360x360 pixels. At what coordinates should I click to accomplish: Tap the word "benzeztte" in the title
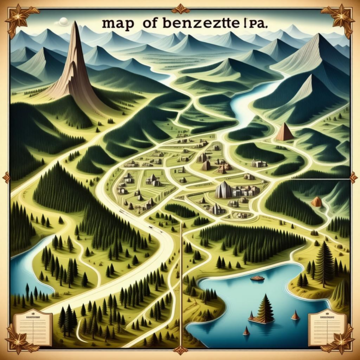(x=193, y=25)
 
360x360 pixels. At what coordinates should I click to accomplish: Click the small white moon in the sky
(x=63, y=21)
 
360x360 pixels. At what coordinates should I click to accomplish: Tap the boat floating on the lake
(x=257, y=278)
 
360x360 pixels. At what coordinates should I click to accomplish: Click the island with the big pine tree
(x=265, y=311)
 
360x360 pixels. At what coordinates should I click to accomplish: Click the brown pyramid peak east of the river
(x=284, y=133)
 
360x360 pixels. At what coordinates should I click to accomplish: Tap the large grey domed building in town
(x=223, y=189)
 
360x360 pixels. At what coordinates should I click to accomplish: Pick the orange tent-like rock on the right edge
(x=317, y=202)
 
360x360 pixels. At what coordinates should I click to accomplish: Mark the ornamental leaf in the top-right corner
(x=341, y=17)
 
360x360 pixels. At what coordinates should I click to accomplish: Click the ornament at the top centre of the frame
(x=180, y=8)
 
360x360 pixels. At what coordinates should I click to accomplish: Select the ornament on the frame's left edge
(x=7, y=177)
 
